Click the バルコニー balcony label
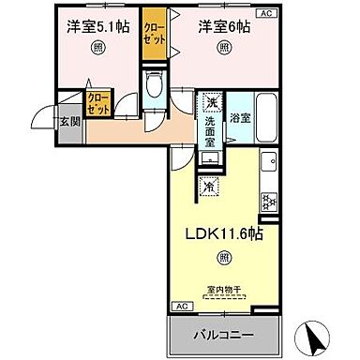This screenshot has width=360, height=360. (223, 336)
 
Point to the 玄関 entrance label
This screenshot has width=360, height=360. (71, 121)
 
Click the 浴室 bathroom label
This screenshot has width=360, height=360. (239, 119)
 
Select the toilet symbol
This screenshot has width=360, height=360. (156, 91)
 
